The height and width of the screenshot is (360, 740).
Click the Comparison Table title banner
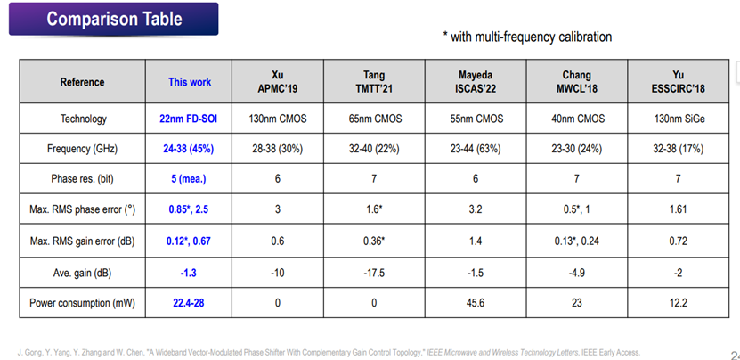[x=113, y=19]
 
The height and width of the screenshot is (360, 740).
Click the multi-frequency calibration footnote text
[x=527, y=37]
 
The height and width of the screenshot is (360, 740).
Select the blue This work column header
[x=190, y=82]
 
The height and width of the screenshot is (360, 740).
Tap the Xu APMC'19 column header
[x=278, y=82]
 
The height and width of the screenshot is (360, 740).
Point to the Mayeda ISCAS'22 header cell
[x=476, y=82]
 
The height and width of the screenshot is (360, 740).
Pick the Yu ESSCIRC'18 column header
[x=679, y=82]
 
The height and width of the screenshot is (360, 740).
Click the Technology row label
[x=83, y=119]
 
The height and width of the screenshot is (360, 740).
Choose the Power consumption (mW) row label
[x=82, y=303]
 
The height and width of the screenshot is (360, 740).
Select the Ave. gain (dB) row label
[x=82, y=273]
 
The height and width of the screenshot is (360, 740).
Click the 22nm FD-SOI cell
[x=188, y=119]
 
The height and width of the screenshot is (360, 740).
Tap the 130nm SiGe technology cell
[x=679, y=119]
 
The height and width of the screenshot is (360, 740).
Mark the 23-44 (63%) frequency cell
[x=476, y=149]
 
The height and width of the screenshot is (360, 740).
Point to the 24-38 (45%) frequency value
[x=188, y=149]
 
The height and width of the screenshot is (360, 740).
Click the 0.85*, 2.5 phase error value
[x=188, y=209]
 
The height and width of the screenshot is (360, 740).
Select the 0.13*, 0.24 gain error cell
[x=576, y=241]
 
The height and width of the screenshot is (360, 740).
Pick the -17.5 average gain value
[x=374, y=273]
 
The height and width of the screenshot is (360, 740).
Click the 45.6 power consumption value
[x=476, y=303]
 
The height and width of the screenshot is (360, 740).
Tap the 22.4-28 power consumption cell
[x=188, y=303]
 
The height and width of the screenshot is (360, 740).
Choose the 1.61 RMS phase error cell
[x=679, y=209]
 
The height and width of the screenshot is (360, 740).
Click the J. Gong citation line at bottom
[x=329, y=353]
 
